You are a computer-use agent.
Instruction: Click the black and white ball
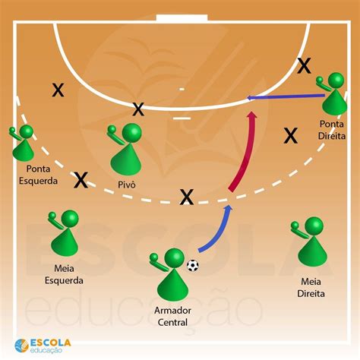coord(193,265)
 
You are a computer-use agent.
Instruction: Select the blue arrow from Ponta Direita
coord(286,96)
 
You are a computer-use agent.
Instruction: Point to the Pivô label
coord(127,185)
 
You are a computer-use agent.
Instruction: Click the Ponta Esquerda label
coord(38,175)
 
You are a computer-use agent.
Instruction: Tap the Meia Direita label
coord(311,288)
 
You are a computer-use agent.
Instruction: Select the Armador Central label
coord(172,316)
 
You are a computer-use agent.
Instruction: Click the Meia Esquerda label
coord(64,274)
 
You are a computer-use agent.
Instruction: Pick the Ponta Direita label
coord(332,130)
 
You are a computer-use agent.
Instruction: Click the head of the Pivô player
coord(131,133)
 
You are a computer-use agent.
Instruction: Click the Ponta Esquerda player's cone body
coord(23,150)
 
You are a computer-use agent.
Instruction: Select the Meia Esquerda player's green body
coord(65,242)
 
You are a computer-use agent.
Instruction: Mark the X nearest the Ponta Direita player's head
coord(304,65)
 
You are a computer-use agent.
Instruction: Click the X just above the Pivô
coord(138,109)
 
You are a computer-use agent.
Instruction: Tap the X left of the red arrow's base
coord(187,197)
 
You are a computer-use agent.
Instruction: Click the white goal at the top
coord(182,18)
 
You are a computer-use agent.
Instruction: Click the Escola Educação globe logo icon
coord(21,346)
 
